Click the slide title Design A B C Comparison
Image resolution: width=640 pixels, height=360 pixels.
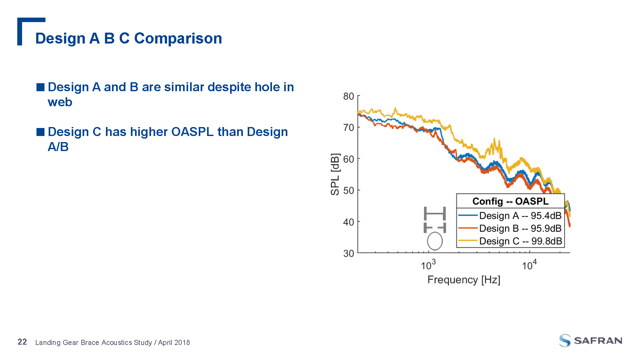click(x=128, y=38)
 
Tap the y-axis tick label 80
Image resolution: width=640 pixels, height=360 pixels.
click(x=348, y=96)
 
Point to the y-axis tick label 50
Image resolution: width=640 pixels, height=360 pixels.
click(x=348, y=190)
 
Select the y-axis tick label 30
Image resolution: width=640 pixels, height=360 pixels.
click(x=348, y=253)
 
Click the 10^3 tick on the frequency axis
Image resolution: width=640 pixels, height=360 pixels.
click(x=428, y=265)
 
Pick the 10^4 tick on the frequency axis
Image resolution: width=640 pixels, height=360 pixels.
click(x=529, y=265)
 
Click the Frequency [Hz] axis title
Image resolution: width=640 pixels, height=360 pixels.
click(x=464, y=280)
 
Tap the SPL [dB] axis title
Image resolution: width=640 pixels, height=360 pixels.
click(x=335, y=174)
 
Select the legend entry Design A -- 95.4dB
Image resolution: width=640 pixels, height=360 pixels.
click(x=520, y=216)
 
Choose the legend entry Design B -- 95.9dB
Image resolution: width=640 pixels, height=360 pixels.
click(x=520, y=228)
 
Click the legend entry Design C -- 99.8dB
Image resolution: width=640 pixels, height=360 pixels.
click(x=520, y=241)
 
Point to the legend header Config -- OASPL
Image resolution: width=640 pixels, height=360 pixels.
click(x=510, y=201)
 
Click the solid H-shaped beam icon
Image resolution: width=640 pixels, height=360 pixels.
click(x=435, y=213)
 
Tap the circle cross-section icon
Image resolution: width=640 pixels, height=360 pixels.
click(x=435, y=241)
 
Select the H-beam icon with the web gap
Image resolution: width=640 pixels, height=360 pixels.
click(x=435, y=228)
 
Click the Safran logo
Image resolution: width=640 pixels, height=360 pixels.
click(x=590, y=340)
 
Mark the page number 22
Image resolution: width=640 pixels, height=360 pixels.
click(x=22, y=342)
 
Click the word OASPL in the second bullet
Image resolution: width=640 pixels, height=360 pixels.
click(x=192, y=132)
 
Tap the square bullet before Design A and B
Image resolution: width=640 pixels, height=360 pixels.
click(x=40, y=87)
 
